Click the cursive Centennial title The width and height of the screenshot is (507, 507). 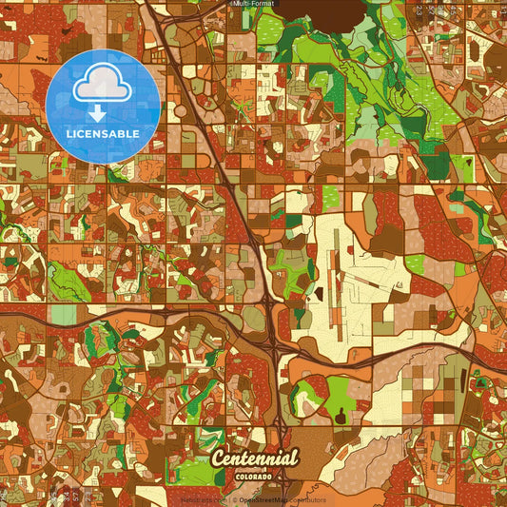255,458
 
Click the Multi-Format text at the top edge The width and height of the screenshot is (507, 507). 254,4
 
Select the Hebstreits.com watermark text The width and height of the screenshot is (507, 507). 203,498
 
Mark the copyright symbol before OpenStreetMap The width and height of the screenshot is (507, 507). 234,498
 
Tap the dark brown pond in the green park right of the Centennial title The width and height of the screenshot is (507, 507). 338,415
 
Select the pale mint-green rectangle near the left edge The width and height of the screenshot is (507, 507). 62,314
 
